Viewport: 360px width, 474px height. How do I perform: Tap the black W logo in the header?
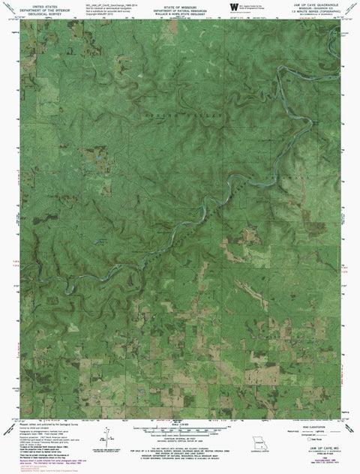tap(223, 6)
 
